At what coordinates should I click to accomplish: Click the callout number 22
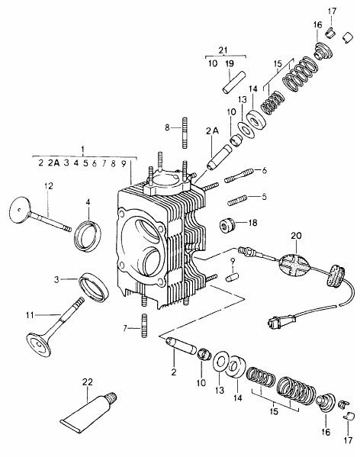pos(87,381)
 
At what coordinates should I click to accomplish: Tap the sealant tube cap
pos(111,397)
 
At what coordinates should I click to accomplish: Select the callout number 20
pos(296,236)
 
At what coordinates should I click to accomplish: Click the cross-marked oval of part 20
pos(294,264)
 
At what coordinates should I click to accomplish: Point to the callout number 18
pos(252,223)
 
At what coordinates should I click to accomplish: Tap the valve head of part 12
pos(19,210)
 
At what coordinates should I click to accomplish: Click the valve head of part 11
pos(39,346)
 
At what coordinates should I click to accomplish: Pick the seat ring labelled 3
pos(94,287)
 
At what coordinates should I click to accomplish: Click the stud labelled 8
pos(184,133)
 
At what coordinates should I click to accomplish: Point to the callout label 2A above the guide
pos(212,131)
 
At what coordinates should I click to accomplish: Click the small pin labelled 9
pos(232,277)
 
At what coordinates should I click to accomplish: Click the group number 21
pos(223,50)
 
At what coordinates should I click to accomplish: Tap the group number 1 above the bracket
pos(82,150)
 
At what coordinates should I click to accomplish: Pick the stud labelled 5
pos(237,201)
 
